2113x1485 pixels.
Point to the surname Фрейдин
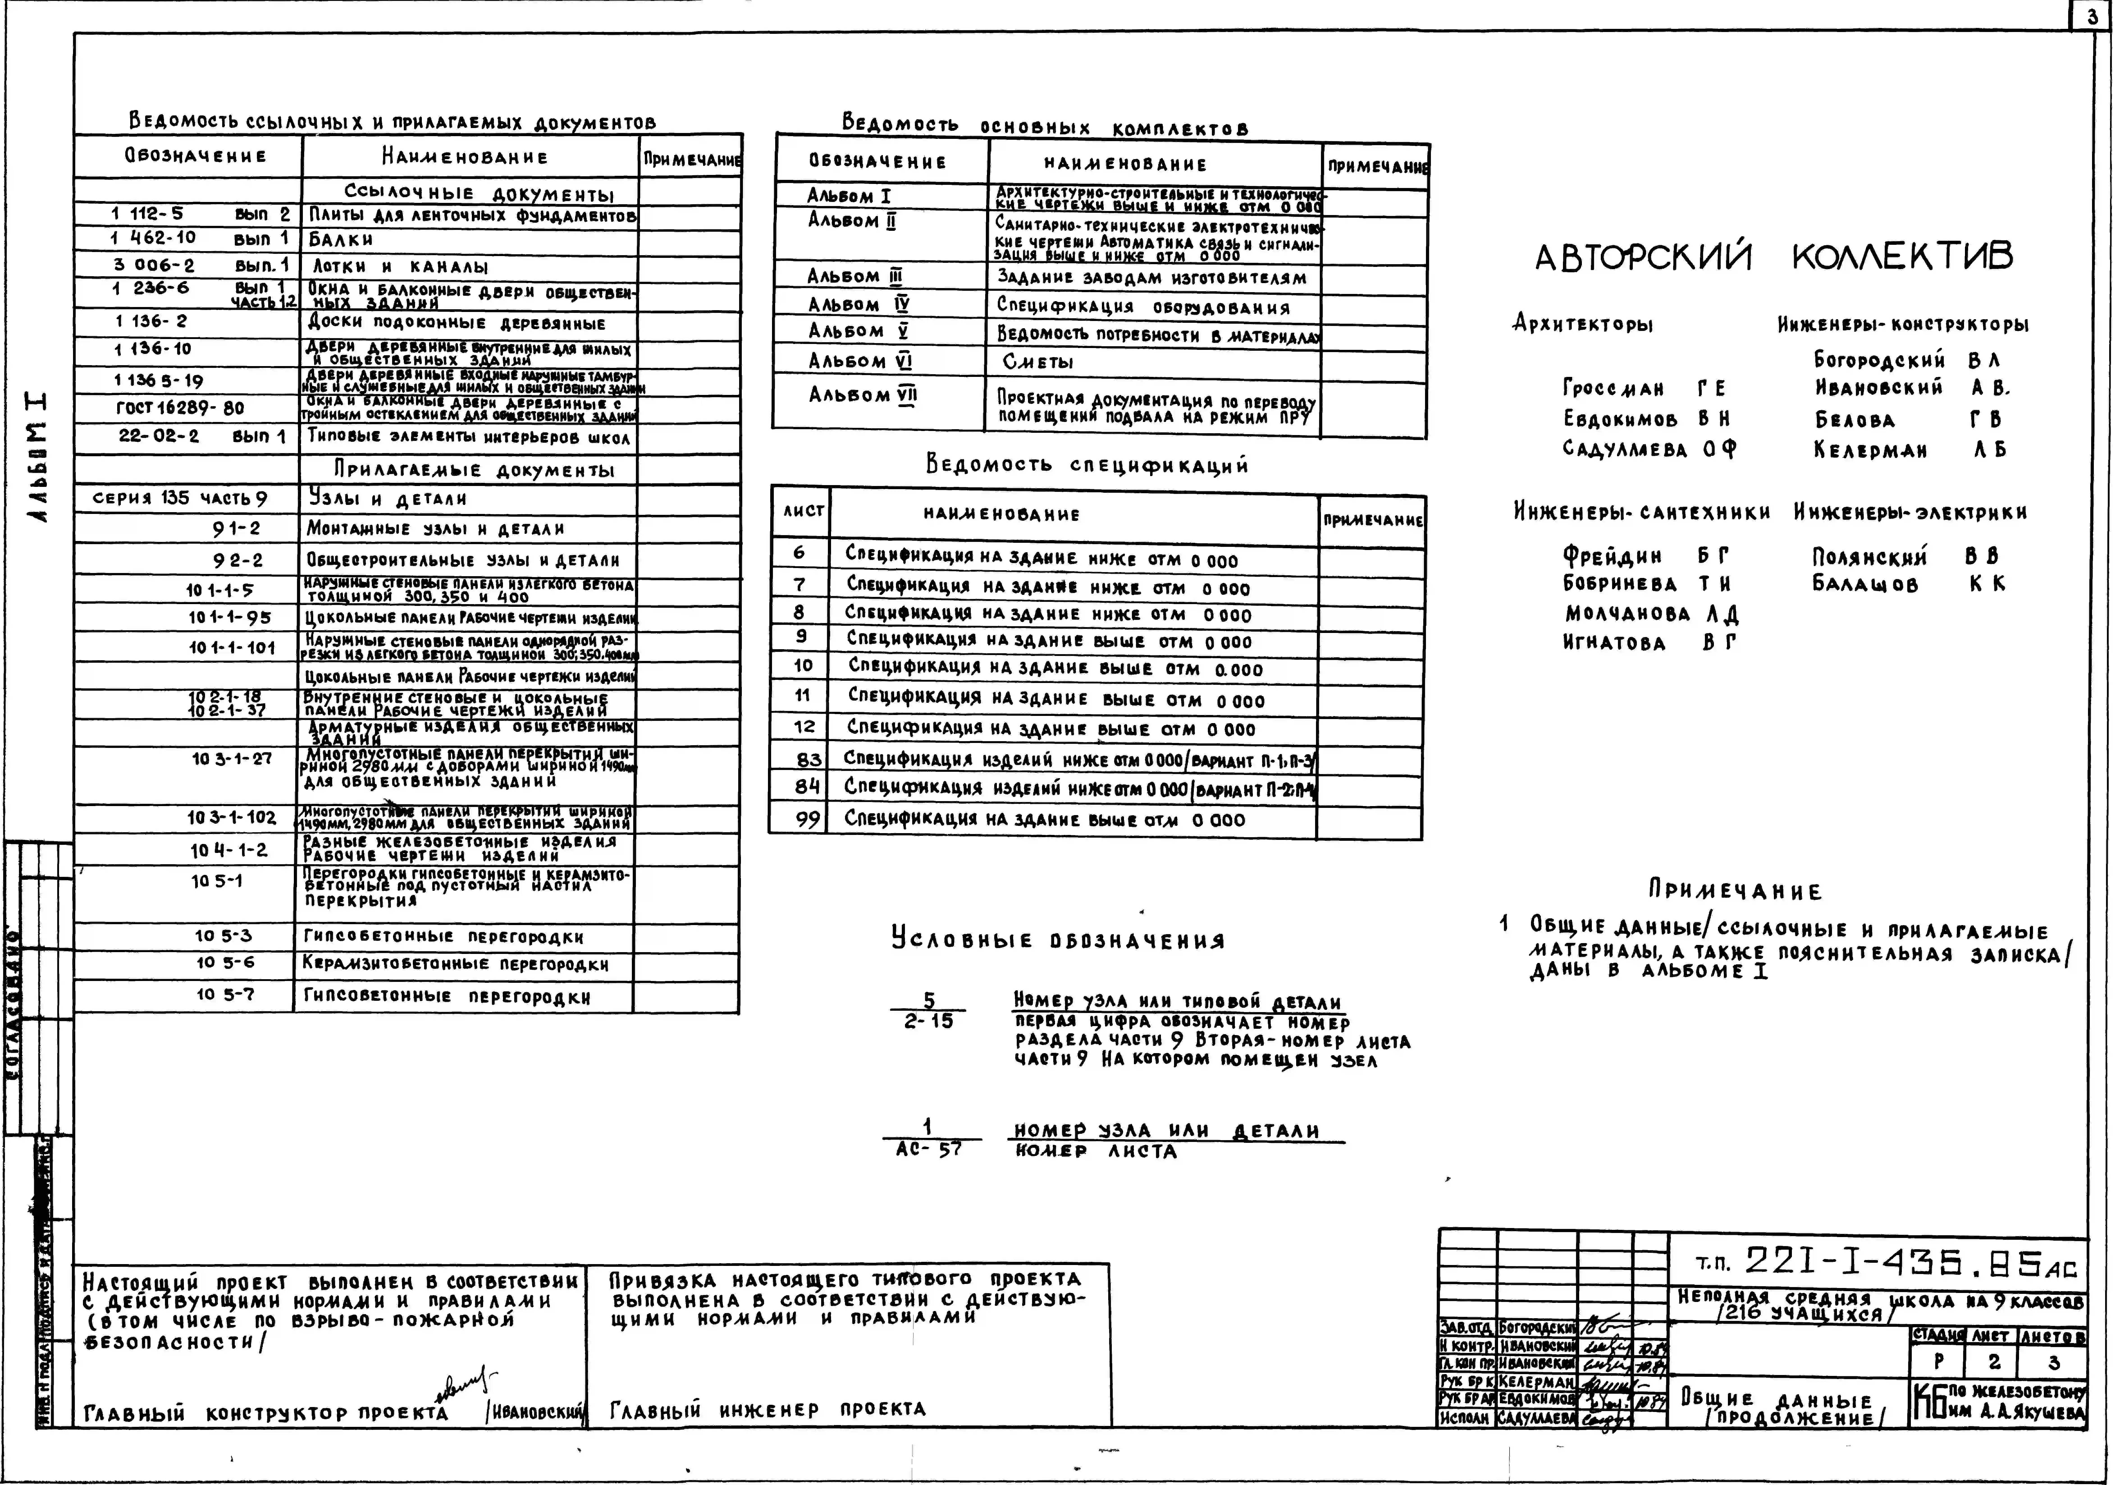point(1612,556)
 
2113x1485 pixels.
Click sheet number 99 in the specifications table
point(807,819)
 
